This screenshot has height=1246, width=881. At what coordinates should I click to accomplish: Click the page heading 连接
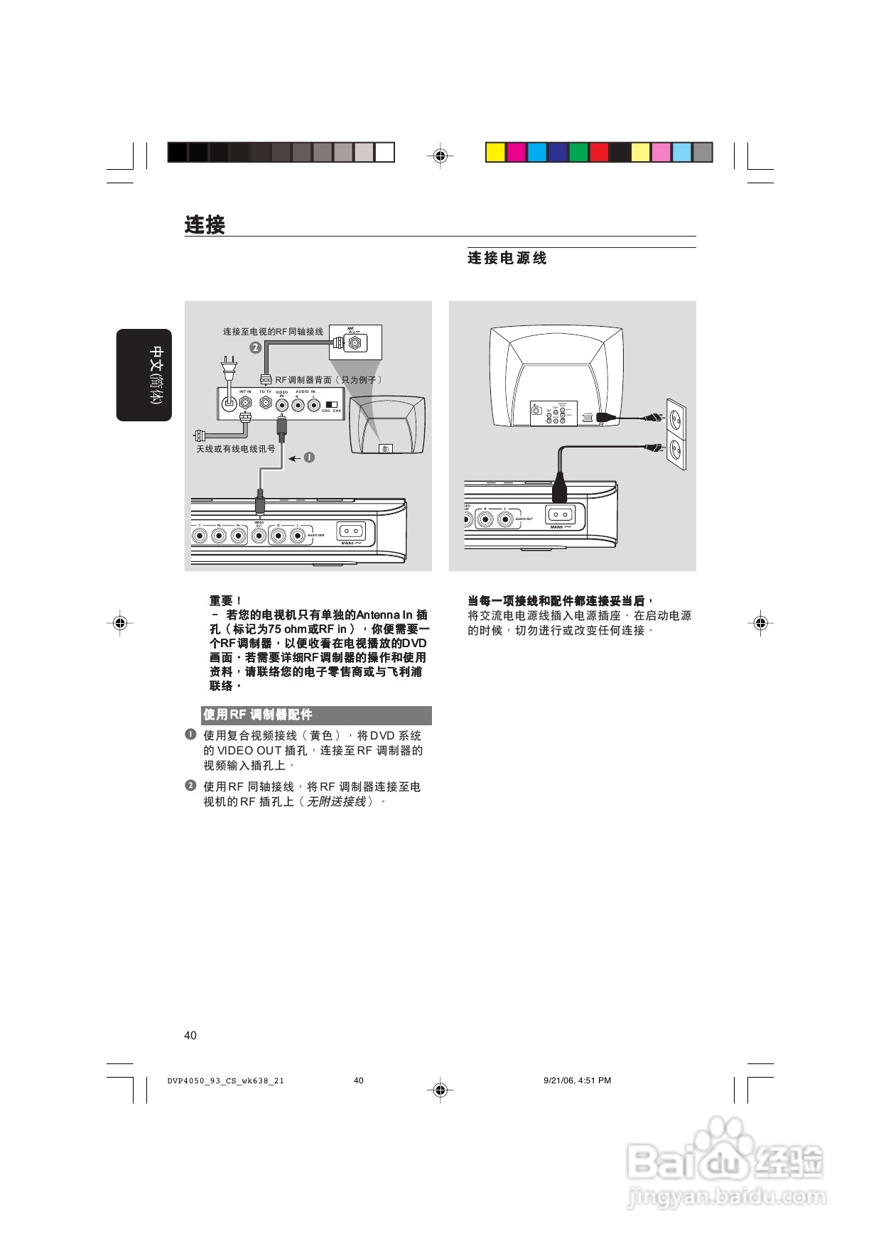(x=205, y=224)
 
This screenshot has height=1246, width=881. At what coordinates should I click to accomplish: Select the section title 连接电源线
(x=507, y=258)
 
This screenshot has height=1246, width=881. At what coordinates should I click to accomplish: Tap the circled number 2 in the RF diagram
(x=255, y=347)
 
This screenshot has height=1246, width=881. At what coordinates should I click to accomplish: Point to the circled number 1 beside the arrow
(x=309, y=457)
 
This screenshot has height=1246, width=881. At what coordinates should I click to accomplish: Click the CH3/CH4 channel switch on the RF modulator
(x=331, y=404)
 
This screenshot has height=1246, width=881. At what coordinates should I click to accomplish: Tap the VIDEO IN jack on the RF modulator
(x=282, y=405)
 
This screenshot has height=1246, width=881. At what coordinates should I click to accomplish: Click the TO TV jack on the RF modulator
(x=265, y=403)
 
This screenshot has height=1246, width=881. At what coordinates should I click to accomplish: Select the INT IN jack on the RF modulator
(x=246, y=402)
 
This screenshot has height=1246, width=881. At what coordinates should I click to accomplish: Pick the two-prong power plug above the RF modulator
(x=229, y=369)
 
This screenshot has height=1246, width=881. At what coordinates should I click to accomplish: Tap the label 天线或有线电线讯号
(x=236, y=449)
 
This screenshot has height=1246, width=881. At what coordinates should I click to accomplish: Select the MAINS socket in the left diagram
(x=350, y=531)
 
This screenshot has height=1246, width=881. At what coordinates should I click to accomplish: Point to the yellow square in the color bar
(x=495, y=153)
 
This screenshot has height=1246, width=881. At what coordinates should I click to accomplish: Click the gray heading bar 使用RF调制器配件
(x=316, y=715)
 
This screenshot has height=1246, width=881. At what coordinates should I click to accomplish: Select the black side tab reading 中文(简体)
(x=144, y=375)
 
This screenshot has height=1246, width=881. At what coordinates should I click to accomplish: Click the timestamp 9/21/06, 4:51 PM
(x=577, y=1080)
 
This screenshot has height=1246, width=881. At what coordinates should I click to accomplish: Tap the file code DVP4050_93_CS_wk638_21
(x=226, y=1081)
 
